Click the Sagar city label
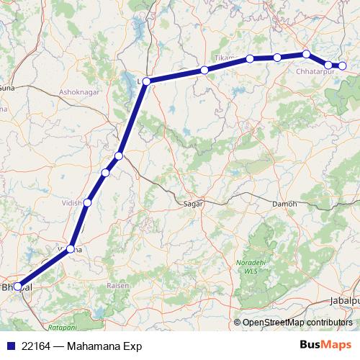click(x=194, y=204)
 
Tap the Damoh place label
click(x=284, y=204)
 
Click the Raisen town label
click(x=119, y=285)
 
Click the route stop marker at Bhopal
click(x=18, y=286)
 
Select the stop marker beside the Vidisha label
click(x=88, y=202)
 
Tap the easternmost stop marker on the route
click(x=343, y=66)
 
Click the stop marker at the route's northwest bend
click(x=146, y=81)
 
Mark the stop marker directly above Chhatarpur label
click(x=306, y=54)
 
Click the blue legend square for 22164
click(x=10, y=346)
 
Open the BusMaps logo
click(x=325, y=346)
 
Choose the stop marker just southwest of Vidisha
click(x=71, y=248)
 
